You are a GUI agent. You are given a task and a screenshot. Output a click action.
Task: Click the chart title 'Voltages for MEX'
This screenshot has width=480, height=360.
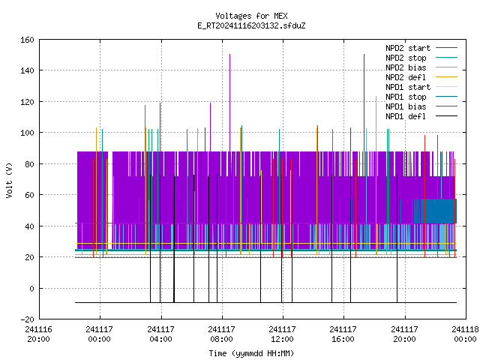[x=251, y=16]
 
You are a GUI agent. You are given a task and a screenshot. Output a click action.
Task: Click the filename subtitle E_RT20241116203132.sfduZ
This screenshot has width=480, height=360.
[x=251, y=25]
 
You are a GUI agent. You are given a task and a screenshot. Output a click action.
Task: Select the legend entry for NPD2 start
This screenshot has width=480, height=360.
[x=421, y=48]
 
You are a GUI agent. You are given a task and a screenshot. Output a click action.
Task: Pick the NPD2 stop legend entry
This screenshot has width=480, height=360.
[x=421, y=58]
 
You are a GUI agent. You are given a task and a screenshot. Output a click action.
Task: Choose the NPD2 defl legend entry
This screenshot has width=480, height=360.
[x=421, y=77]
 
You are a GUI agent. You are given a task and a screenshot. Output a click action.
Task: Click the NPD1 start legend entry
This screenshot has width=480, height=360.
[x=421, y=87]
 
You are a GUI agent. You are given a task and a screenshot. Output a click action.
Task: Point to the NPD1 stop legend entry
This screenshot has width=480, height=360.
[x=421, y=97]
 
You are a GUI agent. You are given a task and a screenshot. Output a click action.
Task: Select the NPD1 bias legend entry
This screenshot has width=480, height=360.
[x=421, y=106]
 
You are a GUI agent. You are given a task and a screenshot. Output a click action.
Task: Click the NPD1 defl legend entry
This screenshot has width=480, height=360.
[x=421, y=116]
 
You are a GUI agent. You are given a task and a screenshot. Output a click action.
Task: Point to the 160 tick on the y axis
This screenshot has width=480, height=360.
[x=27, y=40]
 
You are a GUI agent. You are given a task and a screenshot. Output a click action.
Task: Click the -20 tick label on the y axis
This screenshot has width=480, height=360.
[x=27, y=319]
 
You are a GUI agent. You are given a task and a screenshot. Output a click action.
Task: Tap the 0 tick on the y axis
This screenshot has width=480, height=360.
[x=31, y=288]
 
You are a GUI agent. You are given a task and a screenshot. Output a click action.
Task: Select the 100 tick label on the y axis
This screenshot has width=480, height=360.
[x=27, y=133]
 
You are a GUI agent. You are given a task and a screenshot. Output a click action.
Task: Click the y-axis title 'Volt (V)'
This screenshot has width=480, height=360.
[x=9, y=180]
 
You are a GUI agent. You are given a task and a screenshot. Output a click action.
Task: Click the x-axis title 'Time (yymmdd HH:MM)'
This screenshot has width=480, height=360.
[x=251, y=353]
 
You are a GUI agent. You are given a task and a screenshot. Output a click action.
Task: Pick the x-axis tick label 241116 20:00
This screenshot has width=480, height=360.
[x=38, y=334]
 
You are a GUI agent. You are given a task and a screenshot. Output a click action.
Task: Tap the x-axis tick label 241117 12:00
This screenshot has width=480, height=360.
[x=282, y=334]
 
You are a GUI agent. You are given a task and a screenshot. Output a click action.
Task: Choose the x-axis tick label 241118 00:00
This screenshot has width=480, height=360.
[x=465, y=334]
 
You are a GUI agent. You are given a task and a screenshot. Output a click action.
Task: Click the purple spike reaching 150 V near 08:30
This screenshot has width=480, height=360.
[x=230, y=103]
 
